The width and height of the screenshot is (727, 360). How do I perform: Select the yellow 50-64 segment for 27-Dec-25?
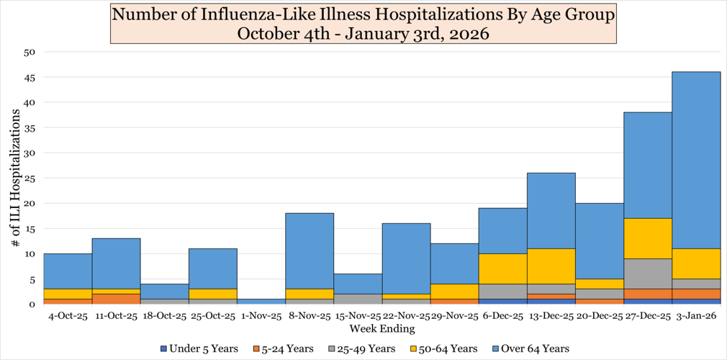647,238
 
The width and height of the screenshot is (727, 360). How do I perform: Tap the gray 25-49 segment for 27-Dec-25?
647,274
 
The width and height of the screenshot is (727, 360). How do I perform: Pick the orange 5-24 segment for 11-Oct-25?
116,299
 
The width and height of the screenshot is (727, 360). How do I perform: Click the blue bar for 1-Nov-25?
261,301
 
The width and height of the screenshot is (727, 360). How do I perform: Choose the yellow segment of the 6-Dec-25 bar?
502,269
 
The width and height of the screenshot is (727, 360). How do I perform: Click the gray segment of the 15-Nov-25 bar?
357,299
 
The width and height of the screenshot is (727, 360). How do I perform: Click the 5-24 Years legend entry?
281,348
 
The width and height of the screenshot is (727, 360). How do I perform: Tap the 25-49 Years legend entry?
363,348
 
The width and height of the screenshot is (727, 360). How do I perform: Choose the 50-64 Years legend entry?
446,348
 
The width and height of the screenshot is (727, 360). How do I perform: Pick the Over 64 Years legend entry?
530,348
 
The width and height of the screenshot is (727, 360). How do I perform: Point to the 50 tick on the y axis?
29,52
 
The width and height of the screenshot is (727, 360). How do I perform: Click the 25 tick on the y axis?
29,178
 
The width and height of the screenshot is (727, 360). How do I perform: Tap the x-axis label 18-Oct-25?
164,315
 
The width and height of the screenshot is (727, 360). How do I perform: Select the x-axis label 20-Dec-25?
599,315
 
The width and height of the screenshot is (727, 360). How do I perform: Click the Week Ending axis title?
381,329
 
